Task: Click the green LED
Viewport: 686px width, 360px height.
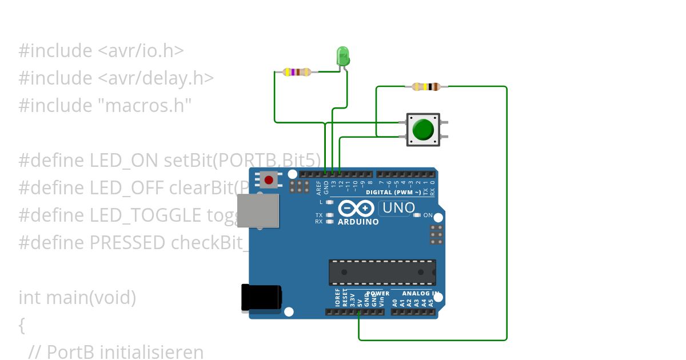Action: (343, 56)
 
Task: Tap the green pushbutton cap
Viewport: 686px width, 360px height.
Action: (423, 130)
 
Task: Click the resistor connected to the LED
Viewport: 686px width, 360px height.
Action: (297, 72)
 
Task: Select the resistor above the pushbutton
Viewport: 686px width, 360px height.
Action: (426, 87)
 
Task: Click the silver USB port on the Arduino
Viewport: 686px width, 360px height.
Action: (258, 211)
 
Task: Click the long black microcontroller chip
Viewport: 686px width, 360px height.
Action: (382, 271)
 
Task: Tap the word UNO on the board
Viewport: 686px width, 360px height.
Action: (398, 208)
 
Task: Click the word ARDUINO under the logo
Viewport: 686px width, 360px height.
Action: (358, 222)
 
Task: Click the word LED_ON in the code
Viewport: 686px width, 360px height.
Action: (125, 160)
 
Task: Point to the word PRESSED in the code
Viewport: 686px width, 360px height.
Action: (127, 243)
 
